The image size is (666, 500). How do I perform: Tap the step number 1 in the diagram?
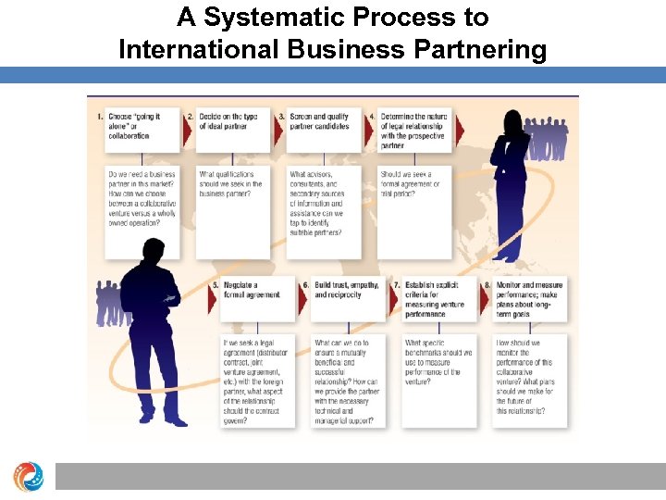[x=100, y=117]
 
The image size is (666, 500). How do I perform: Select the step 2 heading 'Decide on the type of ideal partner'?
[x=228, y=122]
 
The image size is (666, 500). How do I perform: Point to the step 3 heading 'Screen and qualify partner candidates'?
[x=319, y=122]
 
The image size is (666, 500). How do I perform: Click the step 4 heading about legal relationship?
[x=413, y=131]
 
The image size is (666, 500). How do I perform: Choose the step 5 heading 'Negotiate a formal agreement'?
[x=248, y=290]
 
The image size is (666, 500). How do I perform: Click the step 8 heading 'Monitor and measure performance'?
[x=528, y=299]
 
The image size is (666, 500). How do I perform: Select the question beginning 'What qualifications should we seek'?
[x=230, y=184]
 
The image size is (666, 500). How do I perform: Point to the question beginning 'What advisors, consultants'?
[x=320, y=204]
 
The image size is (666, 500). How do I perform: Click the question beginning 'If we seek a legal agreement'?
[x=255, y=381]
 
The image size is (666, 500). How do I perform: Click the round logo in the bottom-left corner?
[x=27, y=477]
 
